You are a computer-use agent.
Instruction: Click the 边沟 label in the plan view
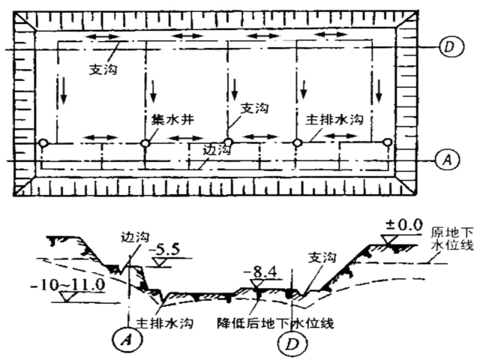point(215,149)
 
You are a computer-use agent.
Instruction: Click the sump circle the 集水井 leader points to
point(144,142)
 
